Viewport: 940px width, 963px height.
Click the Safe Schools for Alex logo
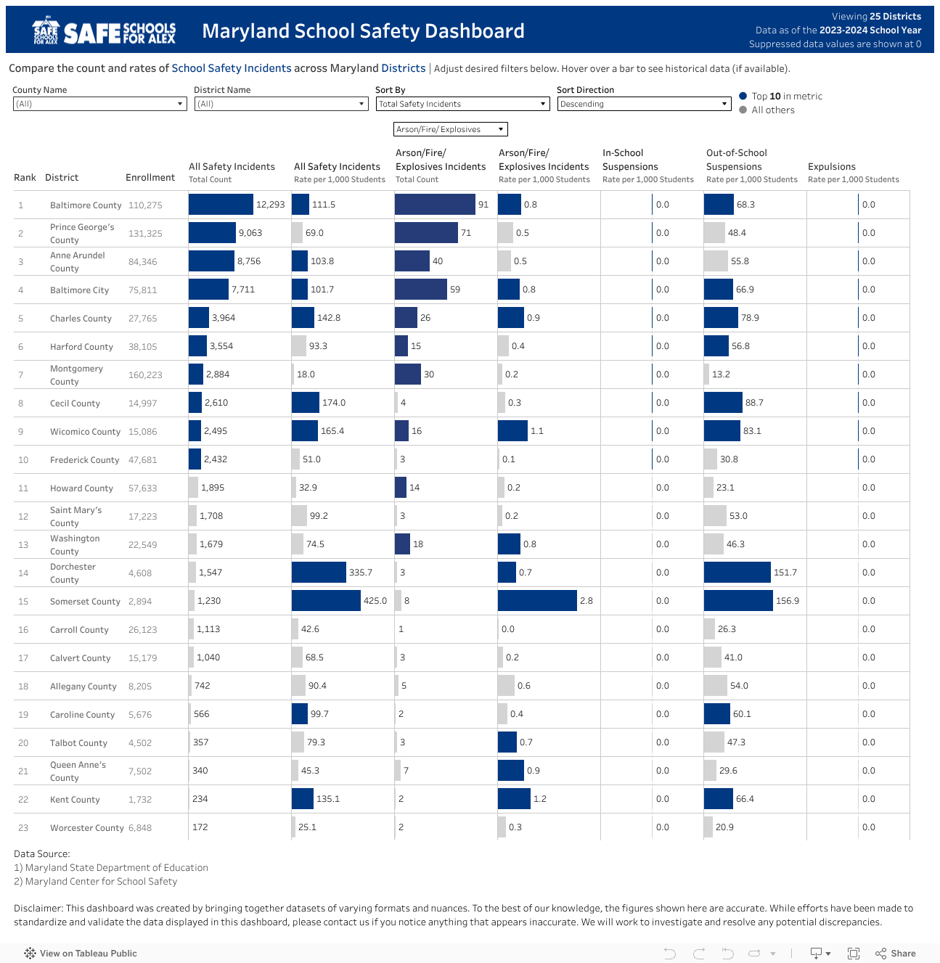click(104, 31)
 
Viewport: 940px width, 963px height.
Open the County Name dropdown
click(99, 104)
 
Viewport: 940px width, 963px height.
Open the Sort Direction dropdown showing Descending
click(643, 104)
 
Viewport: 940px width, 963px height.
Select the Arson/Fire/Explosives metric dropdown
click(450, 129)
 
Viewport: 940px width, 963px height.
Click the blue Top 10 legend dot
click(743, 96)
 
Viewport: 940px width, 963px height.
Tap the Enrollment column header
click(150, 177)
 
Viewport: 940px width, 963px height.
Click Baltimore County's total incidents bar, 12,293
click(221, 205)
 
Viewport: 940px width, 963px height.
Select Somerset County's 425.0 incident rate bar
click(326, 601)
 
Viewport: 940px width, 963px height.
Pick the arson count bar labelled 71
click(426, 233)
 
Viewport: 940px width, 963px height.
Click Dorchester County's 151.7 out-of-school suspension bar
click(737, 573)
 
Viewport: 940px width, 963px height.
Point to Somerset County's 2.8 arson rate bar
click(537, 601)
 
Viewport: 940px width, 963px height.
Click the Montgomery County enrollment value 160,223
click(145, 375)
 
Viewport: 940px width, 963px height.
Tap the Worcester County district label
click(86, 828)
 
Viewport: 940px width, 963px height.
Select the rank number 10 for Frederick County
click(23, 460)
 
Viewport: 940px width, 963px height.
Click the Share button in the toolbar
click(896, 954)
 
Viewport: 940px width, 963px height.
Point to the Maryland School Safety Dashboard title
click(363, 31)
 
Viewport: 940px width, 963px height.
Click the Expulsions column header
click(832, 167)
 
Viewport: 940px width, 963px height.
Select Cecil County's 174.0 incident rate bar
click(306, 403)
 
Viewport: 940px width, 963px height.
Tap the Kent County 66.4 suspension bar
click(718, 799)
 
